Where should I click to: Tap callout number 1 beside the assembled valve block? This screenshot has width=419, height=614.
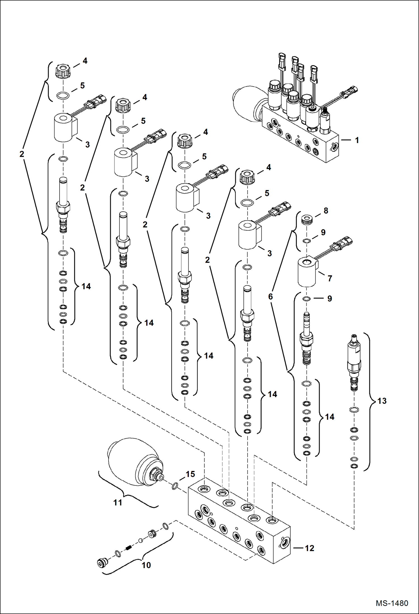[x=357, y=140]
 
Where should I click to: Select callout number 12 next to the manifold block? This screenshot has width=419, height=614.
[x=310, y=548]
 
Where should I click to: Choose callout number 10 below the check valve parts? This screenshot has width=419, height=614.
[x=146, y=565]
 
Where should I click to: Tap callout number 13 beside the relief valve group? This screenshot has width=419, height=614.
[x=382, y=401]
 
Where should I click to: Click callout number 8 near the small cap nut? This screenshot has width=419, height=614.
[x=326, y=211]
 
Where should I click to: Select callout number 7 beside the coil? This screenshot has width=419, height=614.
[x=330, y=278]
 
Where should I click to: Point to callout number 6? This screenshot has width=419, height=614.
[x=270, y=296]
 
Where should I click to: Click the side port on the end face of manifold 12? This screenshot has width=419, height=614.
[x=284, y=543]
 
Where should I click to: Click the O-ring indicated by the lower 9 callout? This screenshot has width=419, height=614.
[x=307, y=299]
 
